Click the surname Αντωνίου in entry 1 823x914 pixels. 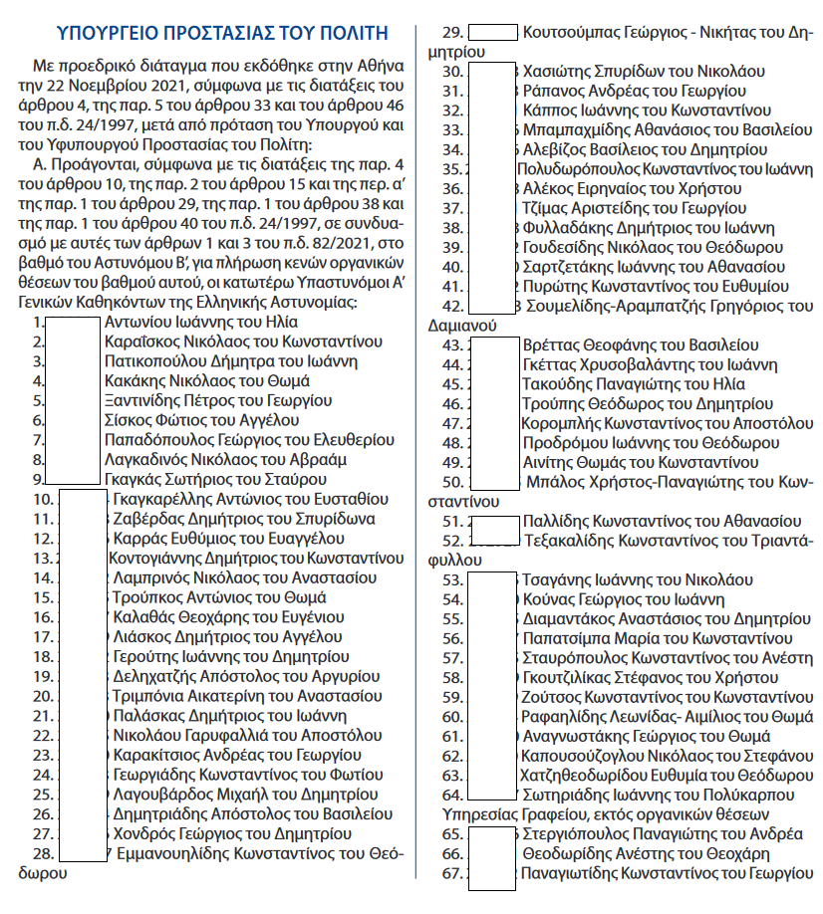[x=137, y=323]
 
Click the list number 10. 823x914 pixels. [x=43, y=498]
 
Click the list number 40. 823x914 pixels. [x=451, y=267]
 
